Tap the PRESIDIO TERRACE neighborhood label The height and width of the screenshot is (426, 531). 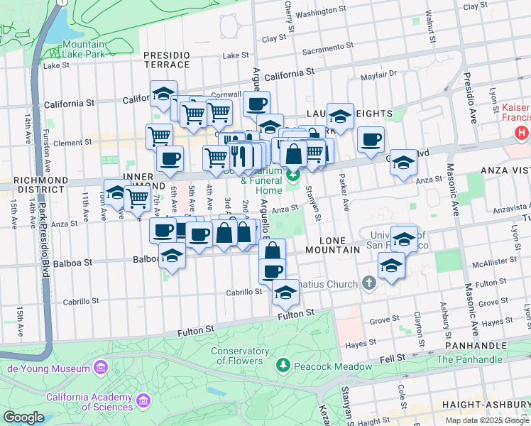(167, 60)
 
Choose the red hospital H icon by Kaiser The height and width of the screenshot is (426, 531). (522, 132)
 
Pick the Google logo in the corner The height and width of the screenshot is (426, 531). (23, 417)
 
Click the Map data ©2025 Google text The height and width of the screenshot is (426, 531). (487, 420)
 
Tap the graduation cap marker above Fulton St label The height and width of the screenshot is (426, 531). (285, 293)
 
